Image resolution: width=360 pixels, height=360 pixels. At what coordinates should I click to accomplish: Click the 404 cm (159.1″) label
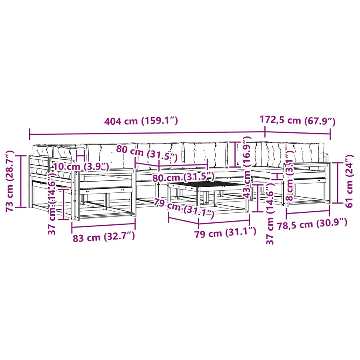click(141, 121)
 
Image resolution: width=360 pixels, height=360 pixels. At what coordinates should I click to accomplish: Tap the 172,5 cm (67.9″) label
click(298, 120)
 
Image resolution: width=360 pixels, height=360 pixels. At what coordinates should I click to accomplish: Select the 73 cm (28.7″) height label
click(10, 181)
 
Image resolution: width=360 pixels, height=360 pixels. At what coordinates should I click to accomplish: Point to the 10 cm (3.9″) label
click(81, 166)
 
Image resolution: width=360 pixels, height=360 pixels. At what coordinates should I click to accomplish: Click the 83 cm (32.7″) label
click(104, 237)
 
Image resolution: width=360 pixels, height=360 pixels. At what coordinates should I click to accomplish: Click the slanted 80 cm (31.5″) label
click(147, 153)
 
